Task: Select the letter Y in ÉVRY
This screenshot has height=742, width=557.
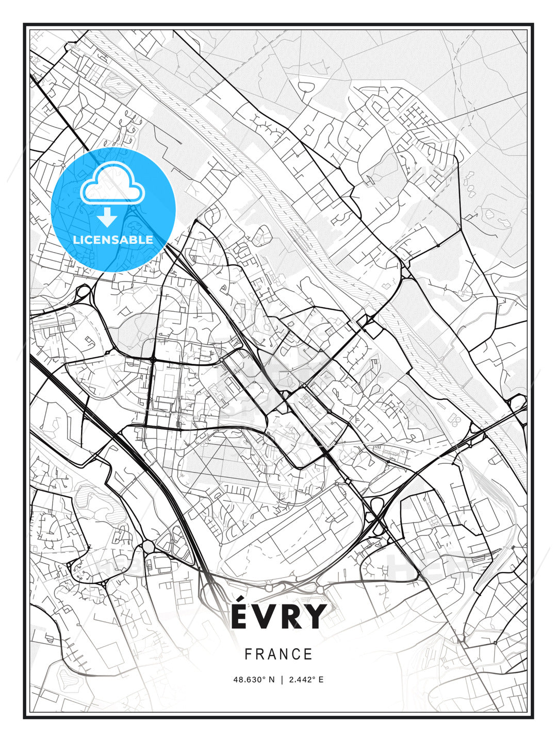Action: point(315,616)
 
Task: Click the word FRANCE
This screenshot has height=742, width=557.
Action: point(278,654)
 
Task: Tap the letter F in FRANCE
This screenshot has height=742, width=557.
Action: point(248,654)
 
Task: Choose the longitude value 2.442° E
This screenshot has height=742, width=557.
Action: point(306,680)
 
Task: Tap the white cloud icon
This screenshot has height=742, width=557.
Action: point(113,183)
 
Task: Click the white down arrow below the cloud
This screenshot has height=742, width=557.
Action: point(107,217)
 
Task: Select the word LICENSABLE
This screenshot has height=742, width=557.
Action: point(113,240)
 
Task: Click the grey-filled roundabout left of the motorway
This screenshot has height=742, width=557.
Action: point(148,546)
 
